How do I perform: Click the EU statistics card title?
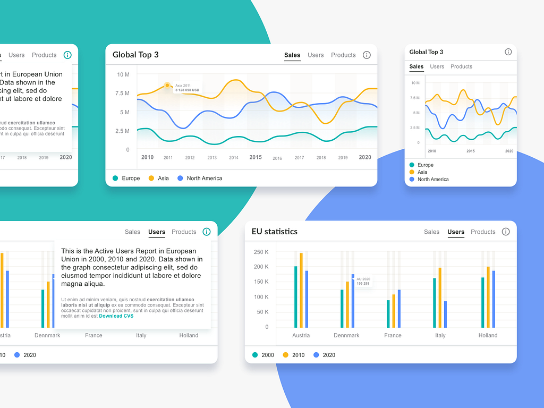(x=275, y=232)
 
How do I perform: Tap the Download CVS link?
(x=116, y=316)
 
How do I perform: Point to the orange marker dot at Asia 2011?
(x=167, y=85)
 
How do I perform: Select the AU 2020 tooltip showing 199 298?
(x=363, y=281)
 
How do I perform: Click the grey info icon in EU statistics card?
(x=506, y=232)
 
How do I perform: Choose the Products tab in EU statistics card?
(x=483, y=232)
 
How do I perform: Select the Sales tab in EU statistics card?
(x=431, y=232)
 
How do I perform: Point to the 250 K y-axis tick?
(x=261, y=252)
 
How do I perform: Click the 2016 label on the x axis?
(x=277, y=158)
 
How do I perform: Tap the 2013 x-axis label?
(x=212, y=158)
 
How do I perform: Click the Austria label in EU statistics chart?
(x=301, y=336)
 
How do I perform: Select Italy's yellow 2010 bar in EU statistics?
(x=439, y=297)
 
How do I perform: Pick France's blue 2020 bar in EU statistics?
(x=399, y=309)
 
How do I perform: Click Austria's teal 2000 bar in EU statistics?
(x=296, y=297)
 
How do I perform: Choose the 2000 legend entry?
(x=263, y=355)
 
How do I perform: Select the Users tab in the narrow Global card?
(x=437, y=67)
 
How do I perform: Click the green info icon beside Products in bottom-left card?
(x=207, y=232)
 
